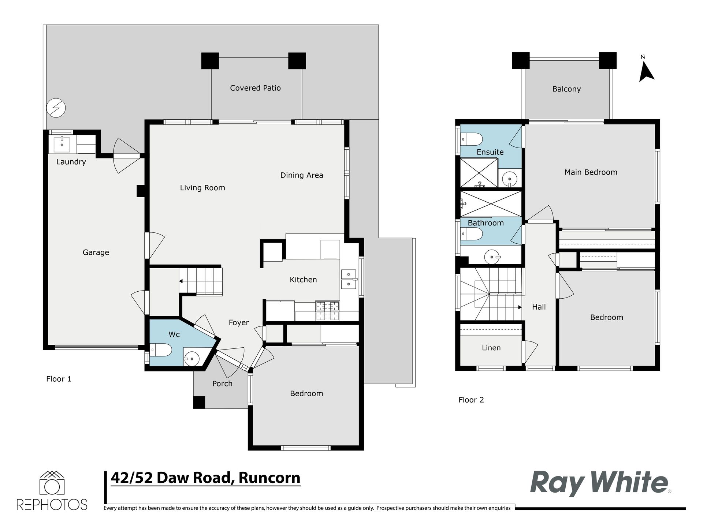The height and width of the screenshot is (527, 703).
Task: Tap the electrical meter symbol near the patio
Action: (x=56, y=108)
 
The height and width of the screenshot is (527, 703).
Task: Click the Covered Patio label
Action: (x=255, y=88)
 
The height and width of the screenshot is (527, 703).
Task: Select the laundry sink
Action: (x=62, y=144)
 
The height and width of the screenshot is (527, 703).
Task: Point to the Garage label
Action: (x=96, y=252)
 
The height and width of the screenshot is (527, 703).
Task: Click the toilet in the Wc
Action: (x=161, y=350)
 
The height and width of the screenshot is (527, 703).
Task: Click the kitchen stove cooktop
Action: (x=328, y=310)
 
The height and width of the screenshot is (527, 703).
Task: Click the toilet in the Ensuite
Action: (x=472, y=139)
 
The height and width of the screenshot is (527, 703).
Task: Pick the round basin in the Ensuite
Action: (x=509, y=179)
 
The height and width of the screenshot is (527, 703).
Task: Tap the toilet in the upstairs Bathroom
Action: (x=472, y=233)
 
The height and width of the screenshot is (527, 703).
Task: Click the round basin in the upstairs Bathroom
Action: (x=492, y=257)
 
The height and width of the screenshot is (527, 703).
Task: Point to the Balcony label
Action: (x=566, y=89)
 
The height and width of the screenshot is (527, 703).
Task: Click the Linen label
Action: (x=491, y=348)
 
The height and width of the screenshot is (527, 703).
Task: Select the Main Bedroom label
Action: (x=591, y=172)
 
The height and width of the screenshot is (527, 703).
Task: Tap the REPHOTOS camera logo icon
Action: (x=52, y=483)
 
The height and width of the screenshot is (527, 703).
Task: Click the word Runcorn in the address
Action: (x=269, y=478)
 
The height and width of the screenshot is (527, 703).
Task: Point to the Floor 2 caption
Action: (x=471, y=400)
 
